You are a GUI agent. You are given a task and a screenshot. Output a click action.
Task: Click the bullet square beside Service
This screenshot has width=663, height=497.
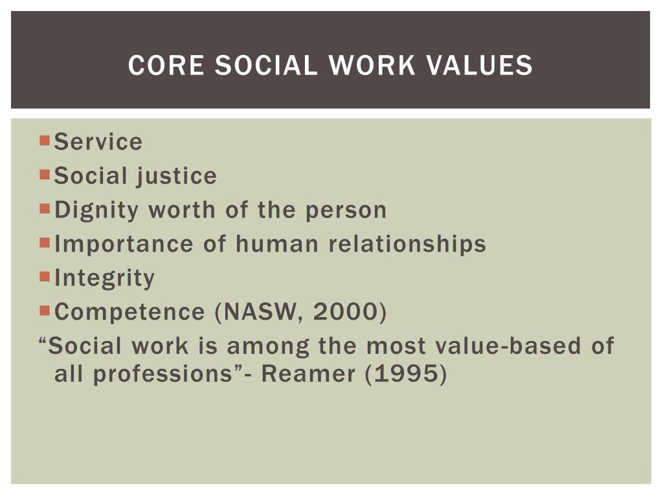click(x=45, y=140)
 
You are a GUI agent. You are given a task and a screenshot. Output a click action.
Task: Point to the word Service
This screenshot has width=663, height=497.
click(x=98, y=142)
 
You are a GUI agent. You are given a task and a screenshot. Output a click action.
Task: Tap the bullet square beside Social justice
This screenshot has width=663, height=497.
click(x=45, y=174)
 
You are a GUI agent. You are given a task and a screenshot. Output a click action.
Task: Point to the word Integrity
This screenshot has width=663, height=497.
click(x=105, y=278)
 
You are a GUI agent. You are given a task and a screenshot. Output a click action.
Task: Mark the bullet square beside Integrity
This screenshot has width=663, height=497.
click(x=45, y=276)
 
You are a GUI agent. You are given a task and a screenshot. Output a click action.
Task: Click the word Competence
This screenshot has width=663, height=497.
click(x=129, y=312)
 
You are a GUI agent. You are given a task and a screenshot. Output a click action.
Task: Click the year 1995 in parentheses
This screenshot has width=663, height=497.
click(x=406, y=375)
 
